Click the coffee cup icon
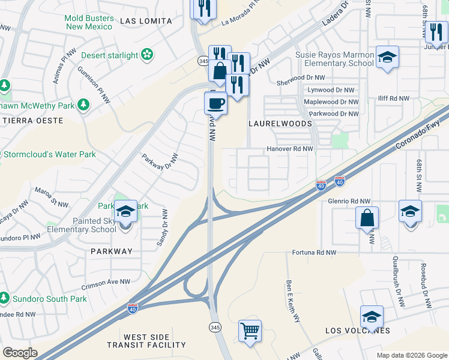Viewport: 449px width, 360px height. [x=215, y=103]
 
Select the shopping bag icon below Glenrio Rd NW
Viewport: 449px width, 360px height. [x=367, y=218]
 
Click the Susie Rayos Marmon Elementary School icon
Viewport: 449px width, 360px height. [x=387, y=58]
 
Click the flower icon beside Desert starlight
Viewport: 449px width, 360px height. [x=147, y=56]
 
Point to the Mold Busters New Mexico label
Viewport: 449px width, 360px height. [x=89, y=22]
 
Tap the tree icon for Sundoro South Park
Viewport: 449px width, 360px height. [x=4, y=298]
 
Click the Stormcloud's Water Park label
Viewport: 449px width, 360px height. [x=49, y=154]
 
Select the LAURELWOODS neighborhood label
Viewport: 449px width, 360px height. [x=280, y=124]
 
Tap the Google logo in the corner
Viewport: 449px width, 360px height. [x=20, y=352]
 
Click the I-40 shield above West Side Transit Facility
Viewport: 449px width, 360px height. [x=133, y=308]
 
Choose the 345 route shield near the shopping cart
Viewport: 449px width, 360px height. [x=215, y=327]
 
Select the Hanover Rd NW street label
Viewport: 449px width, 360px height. [x=290, y=149]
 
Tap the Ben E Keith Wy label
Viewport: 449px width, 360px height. [x=293, y=301]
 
